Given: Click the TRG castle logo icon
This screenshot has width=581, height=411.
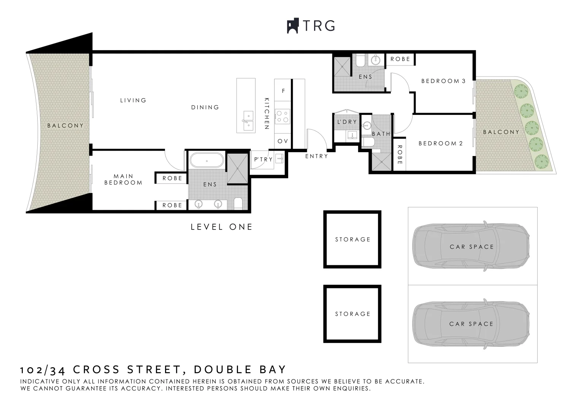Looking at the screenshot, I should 292,26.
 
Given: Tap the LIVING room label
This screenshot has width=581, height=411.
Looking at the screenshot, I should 133,100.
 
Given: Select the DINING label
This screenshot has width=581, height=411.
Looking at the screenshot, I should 205,107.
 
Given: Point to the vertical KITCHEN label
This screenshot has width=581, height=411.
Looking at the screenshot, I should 267,114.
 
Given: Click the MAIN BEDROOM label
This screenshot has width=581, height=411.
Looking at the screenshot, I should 123,179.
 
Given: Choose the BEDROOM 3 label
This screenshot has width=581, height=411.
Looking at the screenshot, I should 443,81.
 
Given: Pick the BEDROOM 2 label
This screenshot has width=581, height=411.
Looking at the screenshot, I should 441,143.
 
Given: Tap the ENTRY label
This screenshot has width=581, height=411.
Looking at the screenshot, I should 316,156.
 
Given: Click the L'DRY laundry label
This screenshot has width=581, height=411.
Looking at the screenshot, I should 347,122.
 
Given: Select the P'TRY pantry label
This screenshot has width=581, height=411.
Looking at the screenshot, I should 263,159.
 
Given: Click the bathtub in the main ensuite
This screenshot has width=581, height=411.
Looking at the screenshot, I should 206,161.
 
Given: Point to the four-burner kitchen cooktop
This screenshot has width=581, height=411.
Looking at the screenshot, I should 283,116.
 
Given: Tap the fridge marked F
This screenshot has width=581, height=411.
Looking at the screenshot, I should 283,91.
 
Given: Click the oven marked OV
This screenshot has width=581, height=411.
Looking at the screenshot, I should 283,141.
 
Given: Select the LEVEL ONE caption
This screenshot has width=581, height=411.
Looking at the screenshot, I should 221,227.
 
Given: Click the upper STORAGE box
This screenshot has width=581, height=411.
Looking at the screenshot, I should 352,239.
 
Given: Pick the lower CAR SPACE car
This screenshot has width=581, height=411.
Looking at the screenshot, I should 471,324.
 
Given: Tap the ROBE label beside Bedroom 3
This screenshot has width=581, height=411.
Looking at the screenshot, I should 400,59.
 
